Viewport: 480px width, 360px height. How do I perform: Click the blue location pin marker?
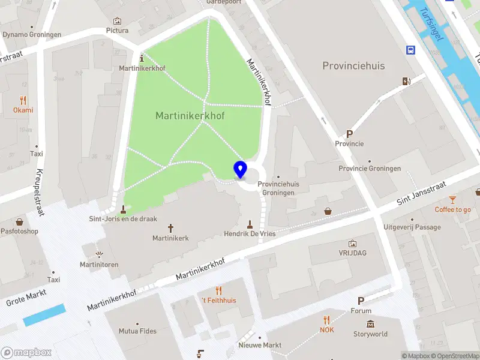241,169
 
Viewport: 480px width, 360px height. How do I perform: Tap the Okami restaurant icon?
23,100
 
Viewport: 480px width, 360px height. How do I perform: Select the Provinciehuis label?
353,65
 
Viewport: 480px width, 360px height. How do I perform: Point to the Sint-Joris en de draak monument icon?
124,209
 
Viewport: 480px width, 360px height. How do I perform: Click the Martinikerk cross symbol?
170,228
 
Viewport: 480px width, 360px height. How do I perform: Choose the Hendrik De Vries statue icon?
250,224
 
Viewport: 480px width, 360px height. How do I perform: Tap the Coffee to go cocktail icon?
452,200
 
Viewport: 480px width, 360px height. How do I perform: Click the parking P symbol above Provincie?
349,134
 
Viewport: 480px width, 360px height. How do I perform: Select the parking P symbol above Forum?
361,301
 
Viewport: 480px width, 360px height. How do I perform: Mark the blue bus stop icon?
412,50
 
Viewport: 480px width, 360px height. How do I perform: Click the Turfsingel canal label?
432,24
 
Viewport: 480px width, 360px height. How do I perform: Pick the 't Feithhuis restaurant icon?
218,290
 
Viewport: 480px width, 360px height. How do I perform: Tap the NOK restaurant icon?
326,320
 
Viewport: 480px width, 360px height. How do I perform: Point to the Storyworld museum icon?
370,325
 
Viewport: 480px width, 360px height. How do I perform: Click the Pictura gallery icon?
117,21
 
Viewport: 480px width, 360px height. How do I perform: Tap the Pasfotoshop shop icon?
19,221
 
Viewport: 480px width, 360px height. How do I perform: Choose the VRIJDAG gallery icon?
352,244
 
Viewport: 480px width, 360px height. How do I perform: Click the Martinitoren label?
99,265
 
